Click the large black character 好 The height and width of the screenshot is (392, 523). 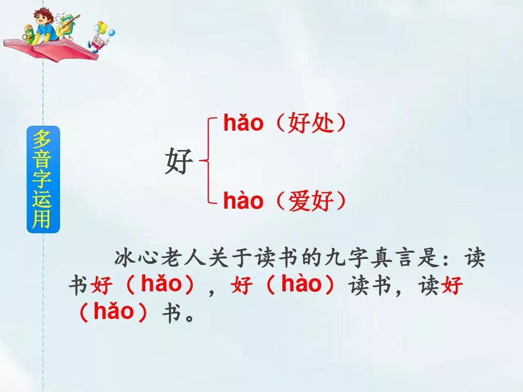click(x=179, y=161)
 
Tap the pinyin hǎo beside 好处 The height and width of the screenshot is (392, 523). click(x=243, y=122)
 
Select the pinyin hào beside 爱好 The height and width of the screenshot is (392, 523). click(x=243, y=201)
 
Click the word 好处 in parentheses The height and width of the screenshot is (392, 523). click(x=310, y=122)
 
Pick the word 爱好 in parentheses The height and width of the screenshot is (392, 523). click(x=310, y=201)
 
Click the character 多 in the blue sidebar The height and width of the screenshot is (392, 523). click(x=42, y=139)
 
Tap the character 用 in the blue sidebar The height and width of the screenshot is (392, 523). click(x=42, y=218)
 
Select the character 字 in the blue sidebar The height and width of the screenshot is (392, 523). click(x=42, y=179)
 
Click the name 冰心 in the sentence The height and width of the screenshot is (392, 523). click(x=136, y=257)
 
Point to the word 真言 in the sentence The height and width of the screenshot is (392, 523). click(x=393, y=257)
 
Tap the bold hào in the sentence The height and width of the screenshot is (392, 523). click(x=301, y=284)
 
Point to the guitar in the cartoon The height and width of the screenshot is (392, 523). click(x=68, y=25)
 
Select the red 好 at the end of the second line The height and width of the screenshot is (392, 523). click(x=451, y=286)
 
